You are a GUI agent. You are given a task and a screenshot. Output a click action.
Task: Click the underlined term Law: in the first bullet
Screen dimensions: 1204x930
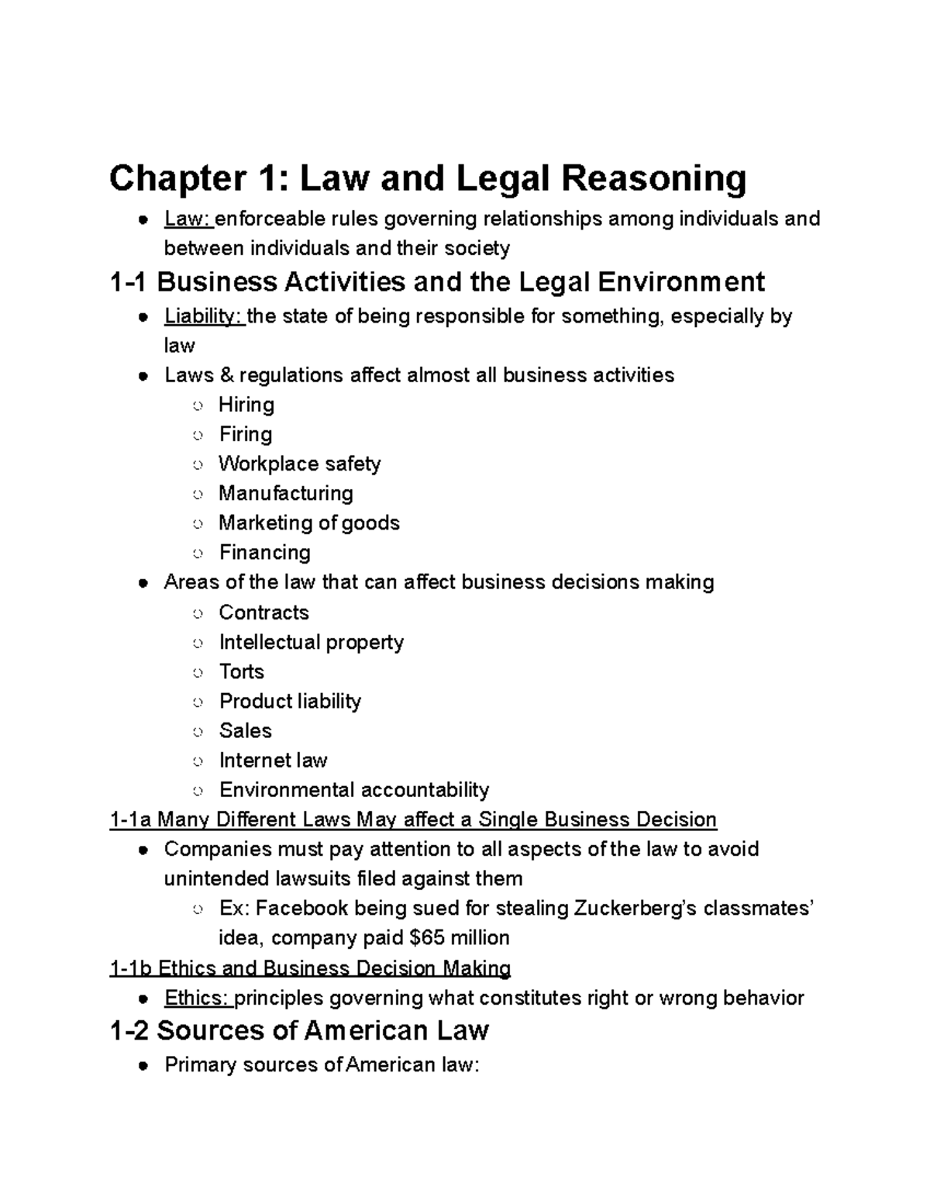(x=188, y=219)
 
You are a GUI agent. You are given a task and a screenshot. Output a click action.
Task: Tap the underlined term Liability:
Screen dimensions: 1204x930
(x=205, y=316)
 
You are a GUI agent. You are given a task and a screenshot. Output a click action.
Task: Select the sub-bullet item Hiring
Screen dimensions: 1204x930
(x=246, y=405)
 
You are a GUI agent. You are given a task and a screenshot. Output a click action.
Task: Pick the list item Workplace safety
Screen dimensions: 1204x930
(x=299, y=464)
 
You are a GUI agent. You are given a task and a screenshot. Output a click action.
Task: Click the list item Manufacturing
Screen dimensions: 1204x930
(x=285, y=493)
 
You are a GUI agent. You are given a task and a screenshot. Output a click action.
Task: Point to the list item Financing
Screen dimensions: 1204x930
(x=264, y=552)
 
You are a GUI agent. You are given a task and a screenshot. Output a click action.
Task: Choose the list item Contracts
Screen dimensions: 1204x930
(x=263, y=612)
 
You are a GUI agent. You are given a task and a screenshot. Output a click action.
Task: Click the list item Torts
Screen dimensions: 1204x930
(x=241, y=671)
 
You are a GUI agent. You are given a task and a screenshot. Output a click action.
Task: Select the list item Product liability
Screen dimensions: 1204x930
(x=290, y=701)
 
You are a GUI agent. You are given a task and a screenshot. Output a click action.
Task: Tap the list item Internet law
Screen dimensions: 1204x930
(x=273, y=760)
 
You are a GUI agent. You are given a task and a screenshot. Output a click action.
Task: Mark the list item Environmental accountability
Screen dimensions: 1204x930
(x=353, y=789)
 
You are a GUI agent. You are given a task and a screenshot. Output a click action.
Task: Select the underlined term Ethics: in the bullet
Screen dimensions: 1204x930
(x=198, y=998)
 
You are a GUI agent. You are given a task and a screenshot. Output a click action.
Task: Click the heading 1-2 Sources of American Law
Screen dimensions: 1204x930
(x=299, y=1030)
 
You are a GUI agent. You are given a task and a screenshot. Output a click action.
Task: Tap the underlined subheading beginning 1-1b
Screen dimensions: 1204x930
(x=310, y=968)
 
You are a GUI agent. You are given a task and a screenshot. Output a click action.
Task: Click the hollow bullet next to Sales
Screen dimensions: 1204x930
(x=199, y=731)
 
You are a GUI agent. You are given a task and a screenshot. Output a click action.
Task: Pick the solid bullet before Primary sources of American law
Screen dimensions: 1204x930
(x=143, y=1066)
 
